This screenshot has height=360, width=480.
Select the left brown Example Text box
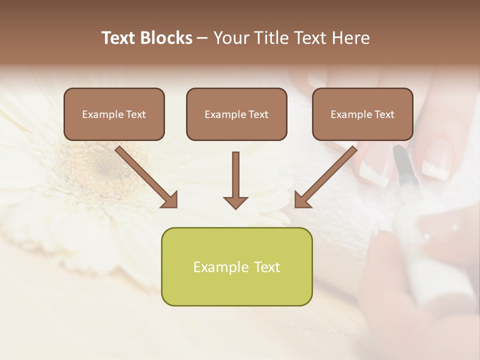point(114,114)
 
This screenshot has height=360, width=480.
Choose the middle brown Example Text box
point(236,114)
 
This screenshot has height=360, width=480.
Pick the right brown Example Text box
point(362,114)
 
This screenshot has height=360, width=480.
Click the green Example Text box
point(236,266)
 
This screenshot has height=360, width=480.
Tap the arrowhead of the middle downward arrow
point(235,202)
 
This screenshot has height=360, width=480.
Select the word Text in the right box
point(384,114)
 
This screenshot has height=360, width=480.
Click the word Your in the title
point(230,38)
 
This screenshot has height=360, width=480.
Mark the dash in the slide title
point(202,38)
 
